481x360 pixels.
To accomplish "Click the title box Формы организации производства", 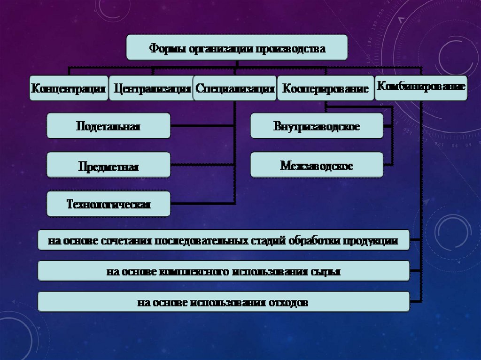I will pyautogui.click(x=237, y=47).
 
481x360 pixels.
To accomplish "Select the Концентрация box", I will pyautogui.click(x=68, y=88).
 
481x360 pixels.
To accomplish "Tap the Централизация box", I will pyautogui.click(x=151, y=88).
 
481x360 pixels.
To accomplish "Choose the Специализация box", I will pyautogui.click(x=235, y=88).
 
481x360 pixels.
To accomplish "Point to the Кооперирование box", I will pyautogui.click(x=325, y=88).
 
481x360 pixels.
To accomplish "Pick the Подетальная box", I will pyautogui.click(x=108, y=126).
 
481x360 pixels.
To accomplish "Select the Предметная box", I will pyautogui.click(x=108, y=165).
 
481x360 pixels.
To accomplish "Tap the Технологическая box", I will pyautogui.click(x=108, y=204).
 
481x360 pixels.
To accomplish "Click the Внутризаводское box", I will pyautogui.click(x=317, y=126).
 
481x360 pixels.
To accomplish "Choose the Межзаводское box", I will pyautogui.click(x=317, y=165).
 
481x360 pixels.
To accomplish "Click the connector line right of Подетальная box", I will pyautogui.click(x=202, y=126).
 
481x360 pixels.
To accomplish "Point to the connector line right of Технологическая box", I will pyautogui.click(x=202, y=204).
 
